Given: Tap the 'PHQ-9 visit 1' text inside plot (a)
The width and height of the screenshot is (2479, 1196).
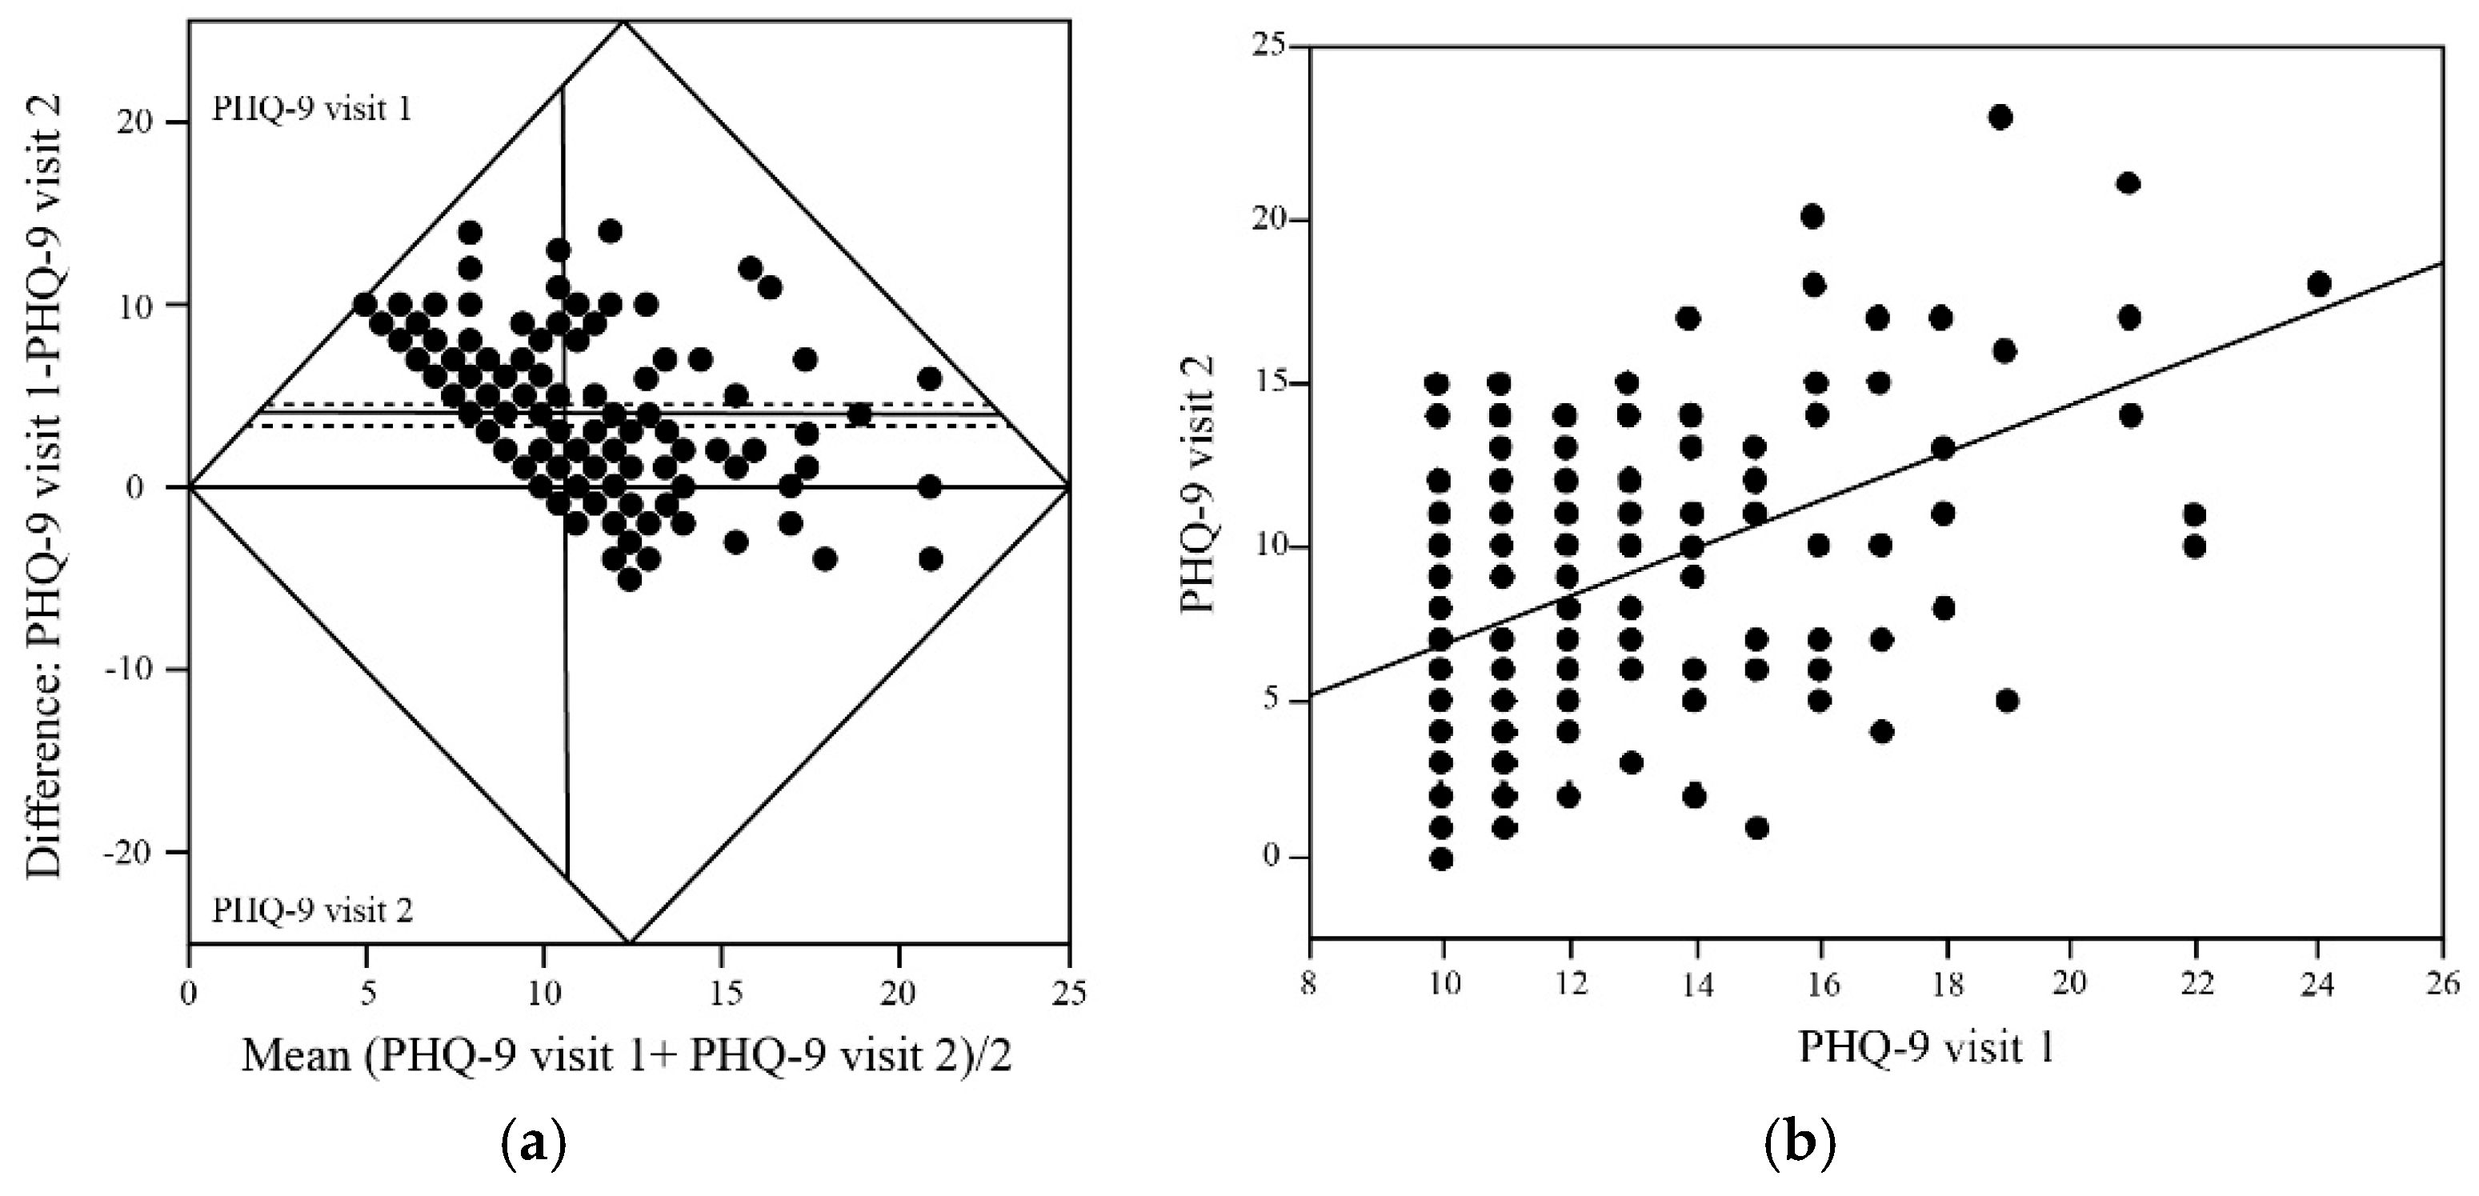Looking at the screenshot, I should [312, 109].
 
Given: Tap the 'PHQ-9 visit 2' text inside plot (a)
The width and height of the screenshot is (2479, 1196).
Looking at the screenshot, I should [312, 910].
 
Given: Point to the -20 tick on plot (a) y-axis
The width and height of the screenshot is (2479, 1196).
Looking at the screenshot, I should [134, 853].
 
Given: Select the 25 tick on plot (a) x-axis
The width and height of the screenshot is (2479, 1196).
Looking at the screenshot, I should [1068, 993].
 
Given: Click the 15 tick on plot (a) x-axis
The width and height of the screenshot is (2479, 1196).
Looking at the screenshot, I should [722, 993].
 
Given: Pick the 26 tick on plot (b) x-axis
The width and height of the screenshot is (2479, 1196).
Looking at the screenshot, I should [2442, 986].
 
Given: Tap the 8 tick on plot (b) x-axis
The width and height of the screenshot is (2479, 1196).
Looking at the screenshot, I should [1308, 986].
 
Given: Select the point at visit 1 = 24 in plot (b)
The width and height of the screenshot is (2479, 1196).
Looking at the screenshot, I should [2319, 285].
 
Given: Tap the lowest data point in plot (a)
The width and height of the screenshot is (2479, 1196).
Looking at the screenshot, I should [630, 579].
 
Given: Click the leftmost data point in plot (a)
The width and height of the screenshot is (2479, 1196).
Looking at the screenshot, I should [365, 304].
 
